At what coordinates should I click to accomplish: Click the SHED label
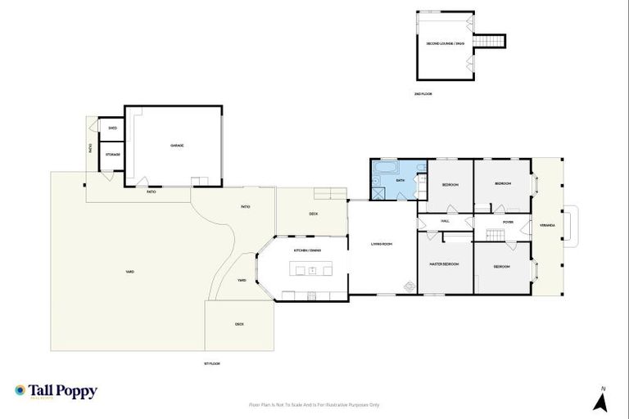pyautogui.click(x=112, y=128)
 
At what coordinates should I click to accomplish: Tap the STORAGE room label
pyautogui.click(x=112, y=155)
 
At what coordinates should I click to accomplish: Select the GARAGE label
pyautogui.click(x=176, y=146)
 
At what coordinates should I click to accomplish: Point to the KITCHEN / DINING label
pyautogui.click(x=308, y=250)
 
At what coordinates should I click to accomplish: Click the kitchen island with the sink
pyautogui.click(x=312, y=270)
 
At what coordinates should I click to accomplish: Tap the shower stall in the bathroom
pyautogui.click(x=379, y=193)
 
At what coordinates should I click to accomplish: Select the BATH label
pyautogui.click(x=400, y=180)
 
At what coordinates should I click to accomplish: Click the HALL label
pyautogui.click(x=446, y=221)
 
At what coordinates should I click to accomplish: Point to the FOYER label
pyautogui.click(x=508, y=221)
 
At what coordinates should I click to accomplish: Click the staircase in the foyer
pyautogui.click(x=495, y=236)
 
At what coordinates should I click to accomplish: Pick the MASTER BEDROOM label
pyautogui.click(x=445, y=264)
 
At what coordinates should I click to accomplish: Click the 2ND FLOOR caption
pyautogui.click(x=423, y=94)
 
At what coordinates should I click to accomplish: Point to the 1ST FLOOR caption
pyautogui.click(x=212, y=363)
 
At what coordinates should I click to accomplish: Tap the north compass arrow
pyautogui.click(x=600, y=401)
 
